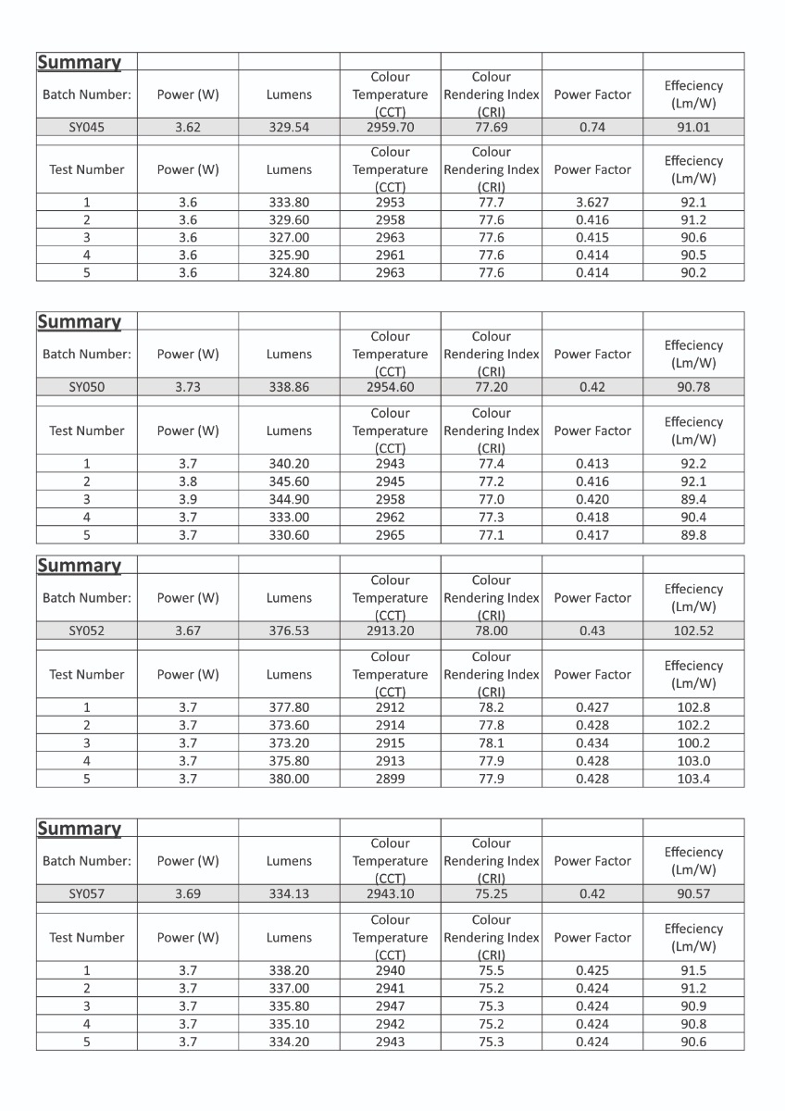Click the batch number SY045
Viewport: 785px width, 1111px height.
[x=86, y=128]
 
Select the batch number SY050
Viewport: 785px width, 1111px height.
[x=86, y=387]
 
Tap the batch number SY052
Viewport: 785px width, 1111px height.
[x=86, y=630]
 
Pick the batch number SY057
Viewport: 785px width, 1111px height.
[x=86, y=893]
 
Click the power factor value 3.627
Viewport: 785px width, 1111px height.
[x=592, y=202]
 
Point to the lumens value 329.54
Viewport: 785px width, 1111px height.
[x=289, y=128]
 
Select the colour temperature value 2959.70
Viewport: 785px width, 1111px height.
[x=390, y=128]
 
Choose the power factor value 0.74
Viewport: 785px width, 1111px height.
[x=592, y=128]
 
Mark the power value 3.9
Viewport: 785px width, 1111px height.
[x=188, y=499]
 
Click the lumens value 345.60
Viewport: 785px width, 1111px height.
[x=289, y=481]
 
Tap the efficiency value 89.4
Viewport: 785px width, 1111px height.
[x=693, y=499]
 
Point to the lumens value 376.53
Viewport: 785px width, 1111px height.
[x=289, y=630]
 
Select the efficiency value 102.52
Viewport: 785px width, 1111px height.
[x=693, y=630]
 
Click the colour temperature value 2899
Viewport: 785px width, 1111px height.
[x=390, y=779]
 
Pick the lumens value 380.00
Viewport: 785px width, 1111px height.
[x=289, y=779]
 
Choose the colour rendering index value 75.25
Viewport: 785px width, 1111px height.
[x=491, y=893]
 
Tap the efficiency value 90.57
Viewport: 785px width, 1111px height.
[x=693, y=893]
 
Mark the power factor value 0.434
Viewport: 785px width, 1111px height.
[x=592, y=743]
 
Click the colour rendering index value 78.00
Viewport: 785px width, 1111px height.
[x=491, y=630]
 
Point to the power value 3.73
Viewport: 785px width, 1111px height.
[x=188, y=387]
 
